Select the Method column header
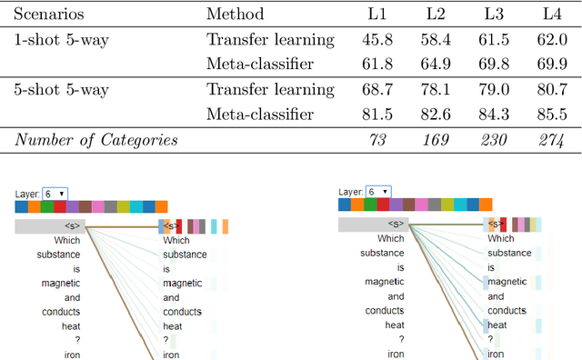[235, 14]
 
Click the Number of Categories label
[95, 140]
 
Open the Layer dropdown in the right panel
[379, 193]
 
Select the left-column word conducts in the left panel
[60, 312]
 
